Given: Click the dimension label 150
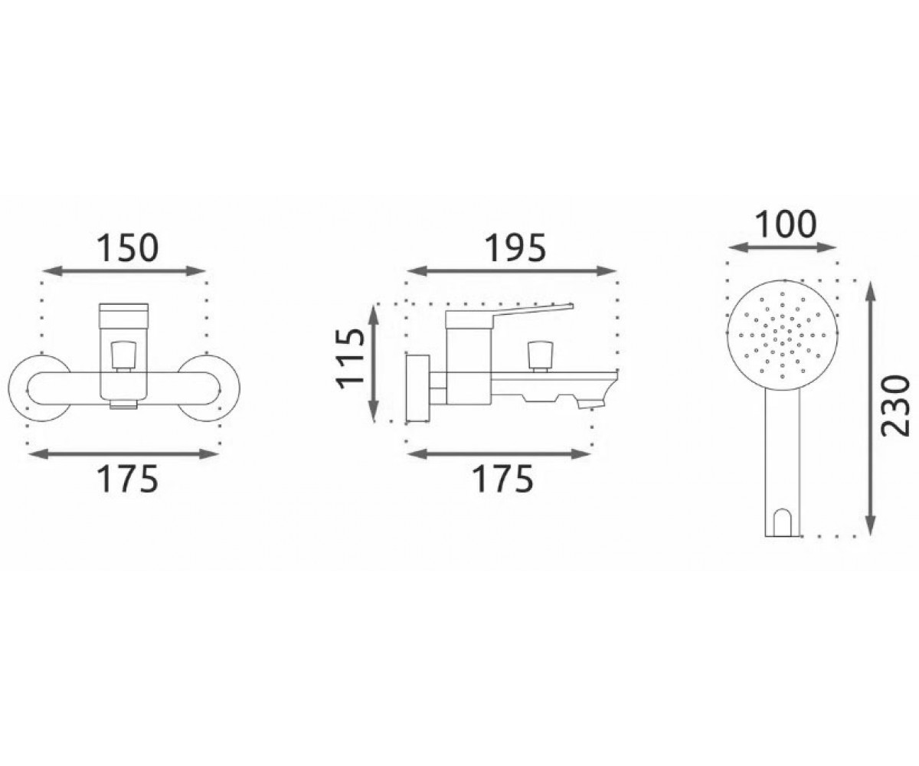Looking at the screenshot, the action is (x=127, y=248).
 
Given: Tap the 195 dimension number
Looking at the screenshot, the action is (x=515, y=248).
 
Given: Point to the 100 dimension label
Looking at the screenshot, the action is (x=786, y=224).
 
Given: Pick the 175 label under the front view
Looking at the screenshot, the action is (x=127, y=479).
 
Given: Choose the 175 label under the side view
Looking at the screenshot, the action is (x=502, y=479).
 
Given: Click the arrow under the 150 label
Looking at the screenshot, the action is (x=125, y=270).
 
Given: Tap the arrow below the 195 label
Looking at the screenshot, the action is (x=511, y=271).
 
